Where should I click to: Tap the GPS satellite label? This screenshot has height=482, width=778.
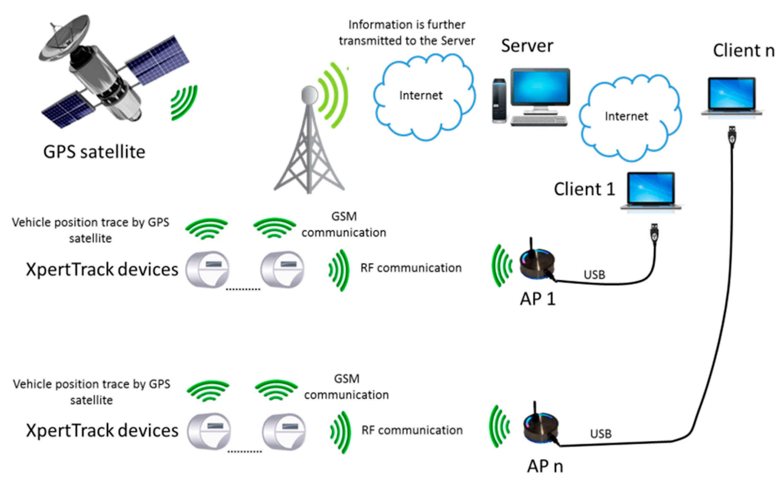click(x=94, y=152)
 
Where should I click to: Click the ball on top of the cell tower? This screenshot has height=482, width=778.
click(x=309, y=95)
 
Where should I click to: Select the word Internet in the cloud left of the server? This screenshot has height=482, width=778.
click(x=421, y=95)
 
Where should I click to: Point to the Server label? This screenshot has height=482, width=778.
click(x=527, y=46)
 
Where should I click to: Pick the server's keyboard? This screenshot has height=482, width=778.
click(x=539, y=121)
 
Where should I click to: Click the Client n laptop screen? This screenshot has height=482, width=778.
click(x=731, y=93)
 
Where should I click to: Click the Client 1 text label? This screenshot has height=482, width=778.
click(x=584, y=189)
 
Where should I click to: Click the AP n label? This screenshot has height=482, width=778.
click(x=545, y=466)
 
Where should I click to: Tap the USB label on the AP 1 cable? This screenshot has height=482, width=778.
click(x=594, y=275)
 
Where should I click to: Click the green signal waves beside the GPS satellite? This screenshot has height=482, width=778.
click(x=184, y=103)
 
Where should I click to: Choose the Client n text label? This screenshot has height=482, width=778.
click(x=743, y=51)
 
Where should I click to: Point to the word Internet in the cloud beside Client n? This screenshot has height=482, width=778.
click(x=626, y=116)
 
